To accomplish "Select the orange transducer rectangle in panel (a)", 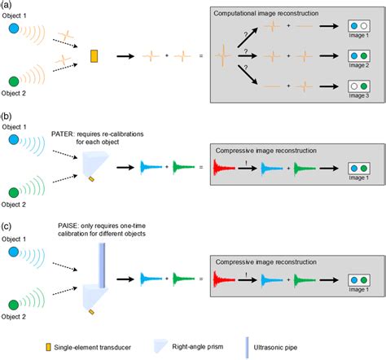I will (94, 56).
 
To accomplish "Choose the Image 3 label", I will (357, 97).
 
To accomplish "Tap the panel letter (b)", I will (8, 116).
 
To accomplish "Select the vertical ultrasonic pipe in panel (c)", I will (101, 256).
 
